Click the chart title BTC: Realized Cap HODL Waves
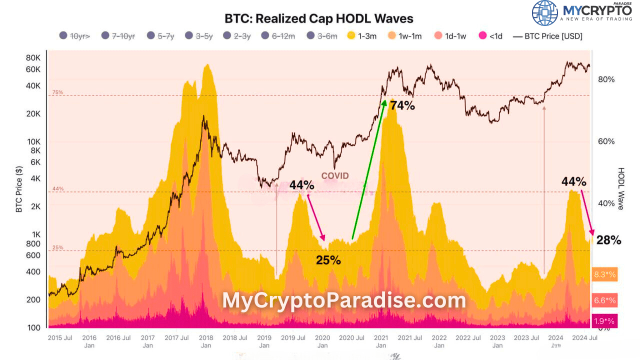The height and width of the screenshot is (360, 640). (x=318, y=18)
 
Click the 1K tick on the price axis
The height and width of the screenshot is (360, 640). (x=34, y=234)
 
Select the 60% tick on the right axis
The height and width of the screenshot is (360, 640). (x=606, y=141)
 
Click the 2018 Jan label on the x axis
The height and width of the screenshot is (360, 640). (x=205, y=341)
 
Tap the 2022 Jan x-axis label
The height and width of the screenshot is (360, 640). (x=439, y=341)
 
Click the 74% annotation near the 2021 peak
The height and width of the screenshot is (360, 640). (x=402, y=105)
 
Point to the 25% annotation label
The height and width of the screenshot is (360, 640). (x=328, y=260)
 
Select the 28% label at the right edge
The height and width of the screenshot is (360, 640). (x=608, y=240)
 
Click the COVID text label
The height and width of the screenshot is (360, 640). (x=334, y=176)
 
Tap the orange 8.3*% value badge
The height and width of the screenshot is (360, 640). (x=604, y=274)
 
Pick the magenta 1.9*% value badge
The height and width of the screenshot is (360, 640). (x=604, y=321)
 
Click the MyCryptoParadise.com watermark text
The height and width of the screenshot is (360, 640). (x=344, y=300)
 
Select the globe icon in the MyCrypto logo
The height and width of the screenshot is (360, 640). (x=544, y=13)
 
